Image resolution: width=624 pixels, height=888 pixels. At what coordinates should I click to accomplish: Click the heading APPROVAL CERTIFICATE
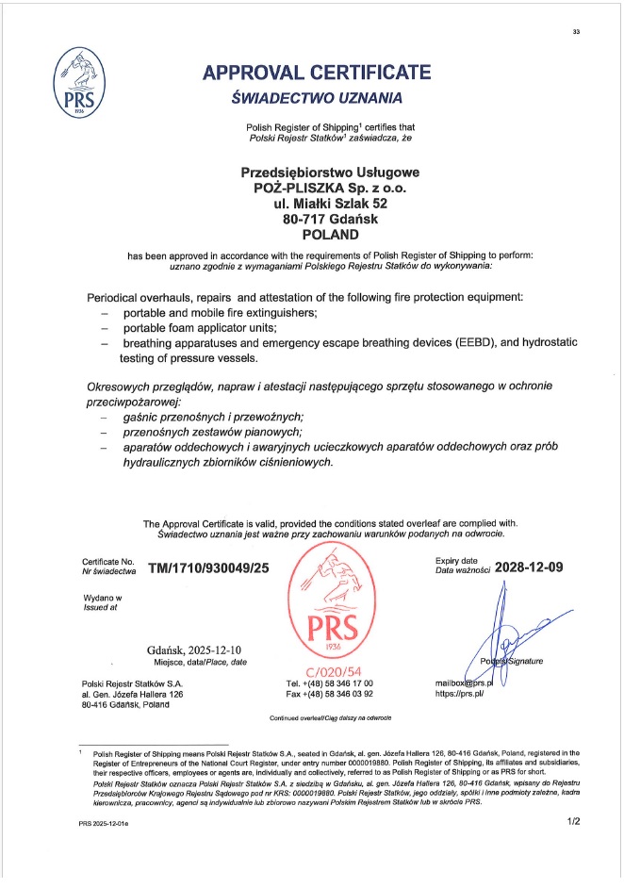coord(317,73)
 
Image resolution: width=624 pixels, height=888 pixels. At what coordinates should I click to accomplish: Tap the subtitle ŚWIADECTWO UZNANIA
coord(317,98)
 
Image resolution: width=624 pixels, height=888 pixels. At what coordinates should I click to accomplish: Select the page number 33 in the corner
coord(576,32)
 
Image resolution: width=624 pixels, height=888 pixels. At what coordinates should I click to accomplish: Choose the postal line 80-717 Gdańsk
coord(317,219)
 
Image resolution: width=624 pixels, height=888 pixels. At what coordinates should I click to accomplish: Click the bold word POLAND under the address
coord(317,234)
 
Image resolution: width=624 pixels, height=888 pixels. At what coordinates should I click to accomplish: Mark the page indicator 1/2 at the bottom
coord(572,822)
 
